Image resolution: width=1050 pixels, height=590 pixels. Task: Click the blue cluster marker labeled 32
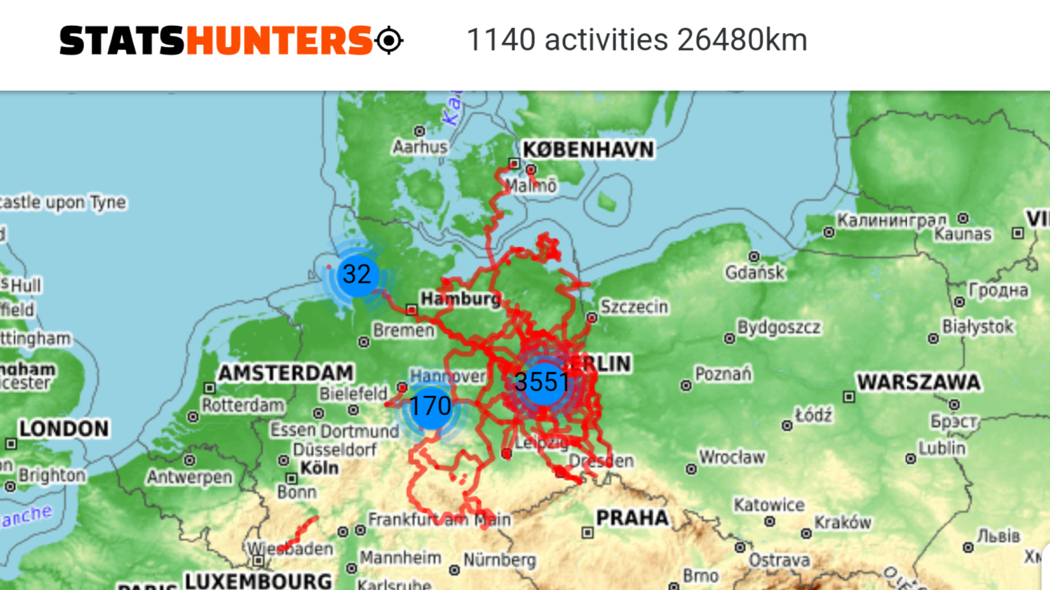tap(357, 275)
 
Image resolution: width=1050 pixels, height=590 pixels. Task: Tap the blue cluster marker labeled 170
tap(430, 407)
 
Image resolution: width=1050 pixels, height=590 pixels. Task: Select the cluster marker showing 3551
tap(542, 382)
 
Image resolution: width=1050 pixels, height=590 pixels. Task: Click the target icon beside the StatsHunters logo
tap(389, 40)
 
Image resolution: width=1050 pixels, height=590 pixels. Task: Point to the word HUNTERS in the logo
tap(279, 40)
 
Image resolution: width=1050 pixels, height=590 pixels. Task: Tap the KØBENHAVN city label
tap(588, 150)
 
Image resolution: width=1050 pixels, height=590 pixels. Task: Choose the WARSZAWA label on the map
tap(918, 382)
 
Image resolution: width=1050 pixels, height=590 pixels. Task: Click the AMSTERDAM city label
tap(286, 373)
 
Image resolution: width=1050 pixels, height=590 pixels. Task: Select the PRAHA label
tap(632, 518)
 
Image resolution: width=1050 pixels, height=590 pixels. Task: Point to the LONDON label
tap(64, 429)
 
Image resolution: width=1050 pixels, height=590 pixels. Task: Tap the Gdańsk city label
tap(756, 272)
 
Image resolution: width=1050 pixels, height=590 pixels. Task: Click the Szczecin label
tap(634, 307)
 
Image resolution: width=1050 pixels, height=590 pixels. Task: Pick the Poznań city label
tap(723, 374)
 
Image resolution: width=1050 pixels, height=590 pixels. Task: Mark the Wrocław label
tap(732, 457)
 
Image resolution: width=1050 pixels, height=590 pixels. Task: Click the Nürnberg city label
tap(499, 560)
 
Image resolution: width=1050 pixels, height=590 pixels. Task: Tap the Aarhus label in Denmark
tap(419, 147)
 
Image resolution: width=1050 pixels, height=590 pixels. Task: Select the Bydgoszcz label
tap(779, 328)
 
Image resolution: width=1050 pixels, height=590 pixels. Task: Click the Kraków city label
tap(842, 522)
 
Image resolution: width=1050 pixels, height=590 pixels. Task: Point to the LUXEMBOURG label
tap(258, 581)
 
